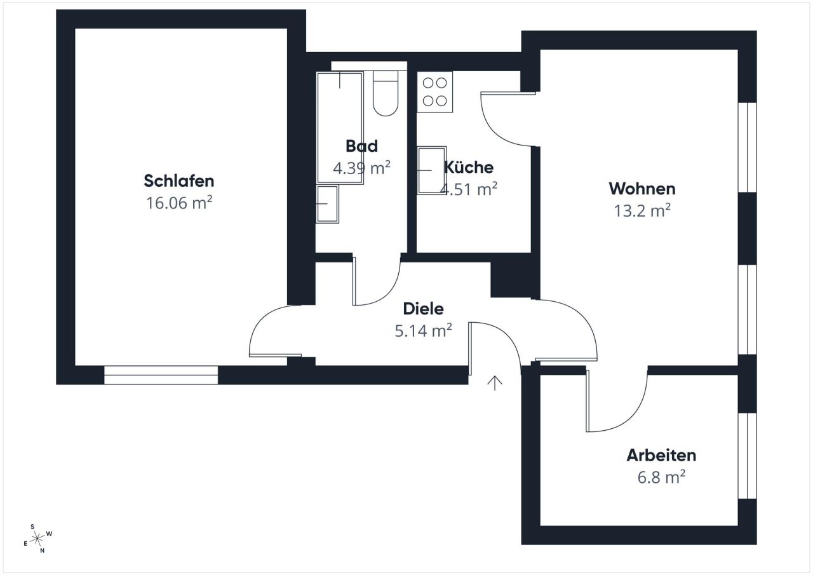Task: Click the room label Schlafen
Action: (179, 181)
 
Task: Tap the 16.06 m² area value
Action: (179, 203)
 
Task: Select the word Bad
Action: (361, 146)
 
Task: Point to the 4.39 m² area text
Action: (361, 168)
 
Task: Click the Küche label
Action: (469, 167)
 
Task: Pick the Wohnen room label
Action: (642, 189)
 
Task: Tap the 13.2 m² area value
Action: (642, 211)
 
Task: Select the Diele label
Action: (424, 309)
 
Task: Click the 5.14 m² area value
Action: (424, 330)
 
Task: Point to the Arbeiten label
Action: (661, 456)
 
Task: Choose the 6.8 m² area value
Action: (661, 477)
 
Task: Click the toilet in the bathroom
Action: (385, 95)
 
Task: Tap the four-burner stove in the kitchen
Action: (434, 92)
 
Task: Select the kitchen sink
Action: (431, 170)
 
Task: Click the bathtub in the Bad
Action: (340, 127)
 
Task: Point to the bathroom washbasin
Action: (327, 203)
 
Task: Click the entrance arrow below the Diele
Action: (495, 382)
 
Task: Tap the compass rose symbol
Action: (38, 539)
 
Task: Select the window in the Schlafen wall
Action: (161, 375)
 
